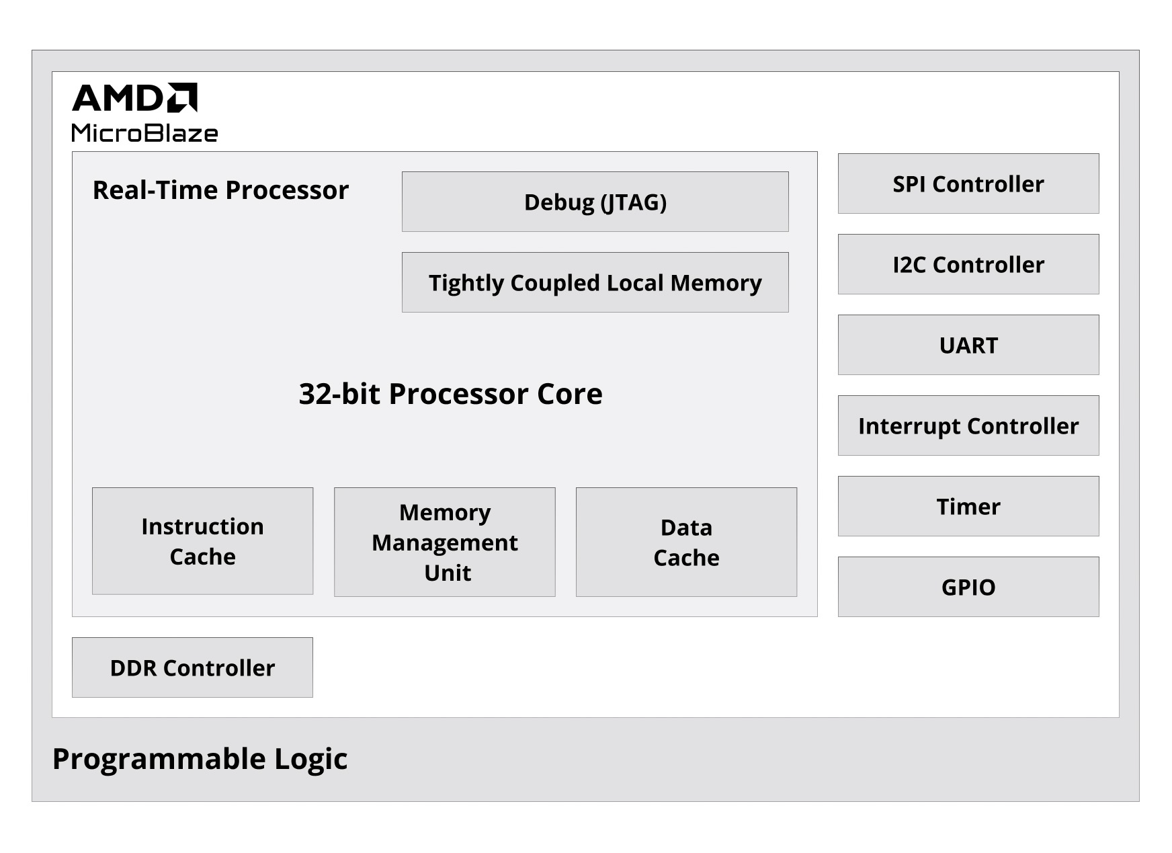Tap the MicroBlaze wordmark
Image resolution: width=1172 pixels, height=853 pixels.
(x=144, y=133)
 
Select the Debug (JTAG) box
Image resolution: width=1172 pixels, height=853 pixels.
(x=595, y=202)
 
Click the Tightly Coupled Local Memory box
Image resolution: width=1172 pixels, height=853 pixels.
(x=595, y=282)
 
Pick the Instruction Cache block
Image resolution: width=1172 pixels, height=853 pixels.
(x=202, y=541)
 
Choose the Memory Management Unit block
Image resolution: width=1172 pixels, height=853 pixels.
(x=444, y=542)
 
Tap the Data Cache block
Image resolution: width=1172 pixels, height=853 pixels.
(x=686, y=542)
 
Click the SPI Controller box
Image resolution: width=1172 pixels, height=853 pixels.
(x=968, y=184)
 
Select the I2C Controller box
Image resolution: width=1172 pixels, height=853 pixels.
(x=968, y=264)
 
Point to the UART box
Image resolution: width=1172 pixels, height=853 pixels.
(x=968, y=345)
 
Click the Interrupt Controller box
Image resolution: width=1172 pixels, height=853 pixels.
(x=968, y=425)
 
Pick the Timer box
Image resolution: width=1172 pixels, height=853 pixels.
(x=968, y=506)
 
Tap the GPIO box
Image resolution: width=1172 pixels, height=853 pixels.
(x=968, y=587)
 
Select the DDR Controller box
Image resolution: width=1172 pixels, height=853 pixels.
(x=192, y=667)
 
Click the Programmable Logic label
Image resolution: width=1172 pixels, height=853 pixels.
(x=200, y=759)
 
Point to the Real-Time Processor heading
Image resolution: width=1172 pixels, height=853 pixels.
(x=220, y=190)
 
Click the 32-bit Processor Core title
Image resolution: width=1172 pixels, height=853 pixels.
(x=450, y=394)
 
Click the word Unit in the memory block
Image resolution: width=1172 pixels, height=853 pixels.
(x=448, y=573)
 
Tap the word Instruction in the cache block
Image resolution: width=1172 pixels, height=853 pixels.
(x=202, y=526)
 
